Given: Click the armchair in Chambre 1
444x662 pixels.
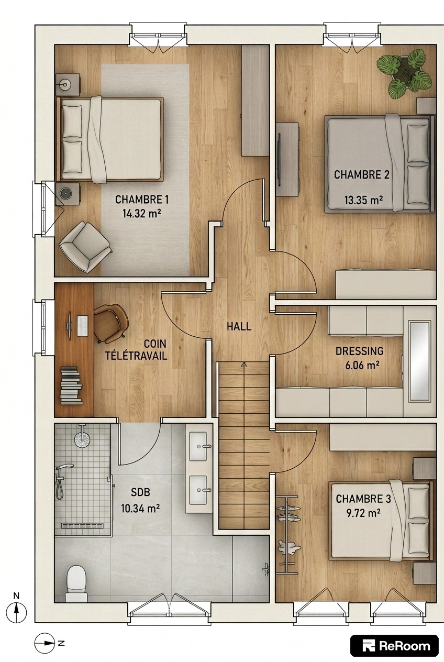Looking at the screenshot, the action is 85,247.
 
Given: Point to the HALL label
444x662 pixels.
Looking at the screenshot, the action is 239,326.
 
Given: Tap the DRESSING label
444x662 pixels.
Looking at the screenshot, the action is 360,351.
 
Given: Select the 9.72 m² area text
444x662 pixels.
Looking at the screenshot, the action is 363,513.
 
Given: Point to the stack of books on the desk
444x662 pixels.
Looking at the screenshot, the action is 71,385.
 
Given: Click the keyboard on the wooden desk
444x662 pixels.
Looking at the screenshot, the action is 82,326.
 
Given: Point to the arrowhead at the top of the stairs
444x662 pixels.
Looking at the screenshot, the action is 244,365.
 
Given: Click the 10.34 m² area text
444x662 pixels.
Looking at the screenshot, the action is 140,509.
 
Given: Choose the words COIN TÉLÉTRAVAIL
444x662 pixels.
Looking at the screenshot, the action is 136,350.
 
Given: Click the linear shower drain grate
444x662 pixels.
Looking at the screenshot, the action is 82,525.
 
